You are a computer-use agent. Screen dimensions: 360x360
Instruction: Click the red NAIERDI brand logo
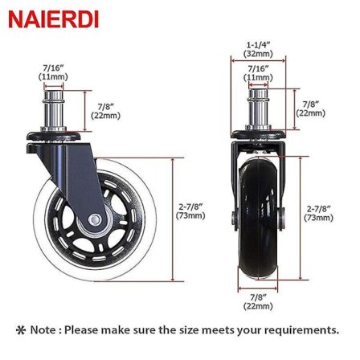coord(54,19)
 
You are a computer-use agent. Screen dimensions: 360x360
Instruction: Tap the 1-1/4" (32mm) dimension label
coord(258,49)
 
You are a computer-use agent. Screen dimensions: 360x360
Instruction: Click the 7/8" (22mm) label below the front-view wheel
coord(258,301)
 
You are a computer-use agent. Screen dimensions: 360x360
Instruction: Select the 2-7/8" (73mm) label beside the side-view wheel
coord(190,211)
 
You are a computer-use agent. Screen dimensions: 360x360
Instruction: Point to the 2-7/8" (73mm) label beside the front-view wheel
coord(318,214)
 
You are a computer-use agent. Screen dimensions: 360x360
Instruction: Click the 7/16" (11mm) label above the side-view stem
coord(53,72)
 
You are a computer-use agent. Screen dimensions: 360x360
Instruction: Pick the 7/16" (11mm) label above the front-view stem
coord(258,73)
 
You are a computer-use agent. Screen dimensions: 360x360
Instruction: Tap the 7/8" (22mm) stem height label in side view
coord(106,111)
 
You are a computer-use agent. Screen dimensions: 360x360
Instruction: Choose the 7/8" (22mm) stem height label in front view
coord(311,108)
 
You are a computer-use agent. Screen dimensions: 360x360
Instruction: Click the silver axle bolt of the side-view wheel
coord(95,219)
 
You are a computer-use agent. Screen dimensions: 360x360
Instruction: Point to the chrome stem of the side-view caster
coord(54,110)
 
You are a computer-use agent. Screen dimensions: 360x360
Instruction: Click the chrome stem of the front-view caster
coord(258,110)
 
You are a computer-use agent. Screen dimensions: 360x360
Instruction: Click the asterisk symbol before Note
coord(21,330)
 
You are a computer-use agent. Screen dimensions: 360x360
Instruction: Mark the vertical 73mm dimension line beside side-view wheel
coord(173,219)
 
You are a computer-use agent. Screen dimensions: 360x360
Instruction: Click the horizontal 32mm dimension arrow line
coord(259,61)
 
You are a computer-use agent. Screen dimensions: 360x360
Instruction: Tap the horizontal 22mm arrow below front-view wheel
coord(258,288)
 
